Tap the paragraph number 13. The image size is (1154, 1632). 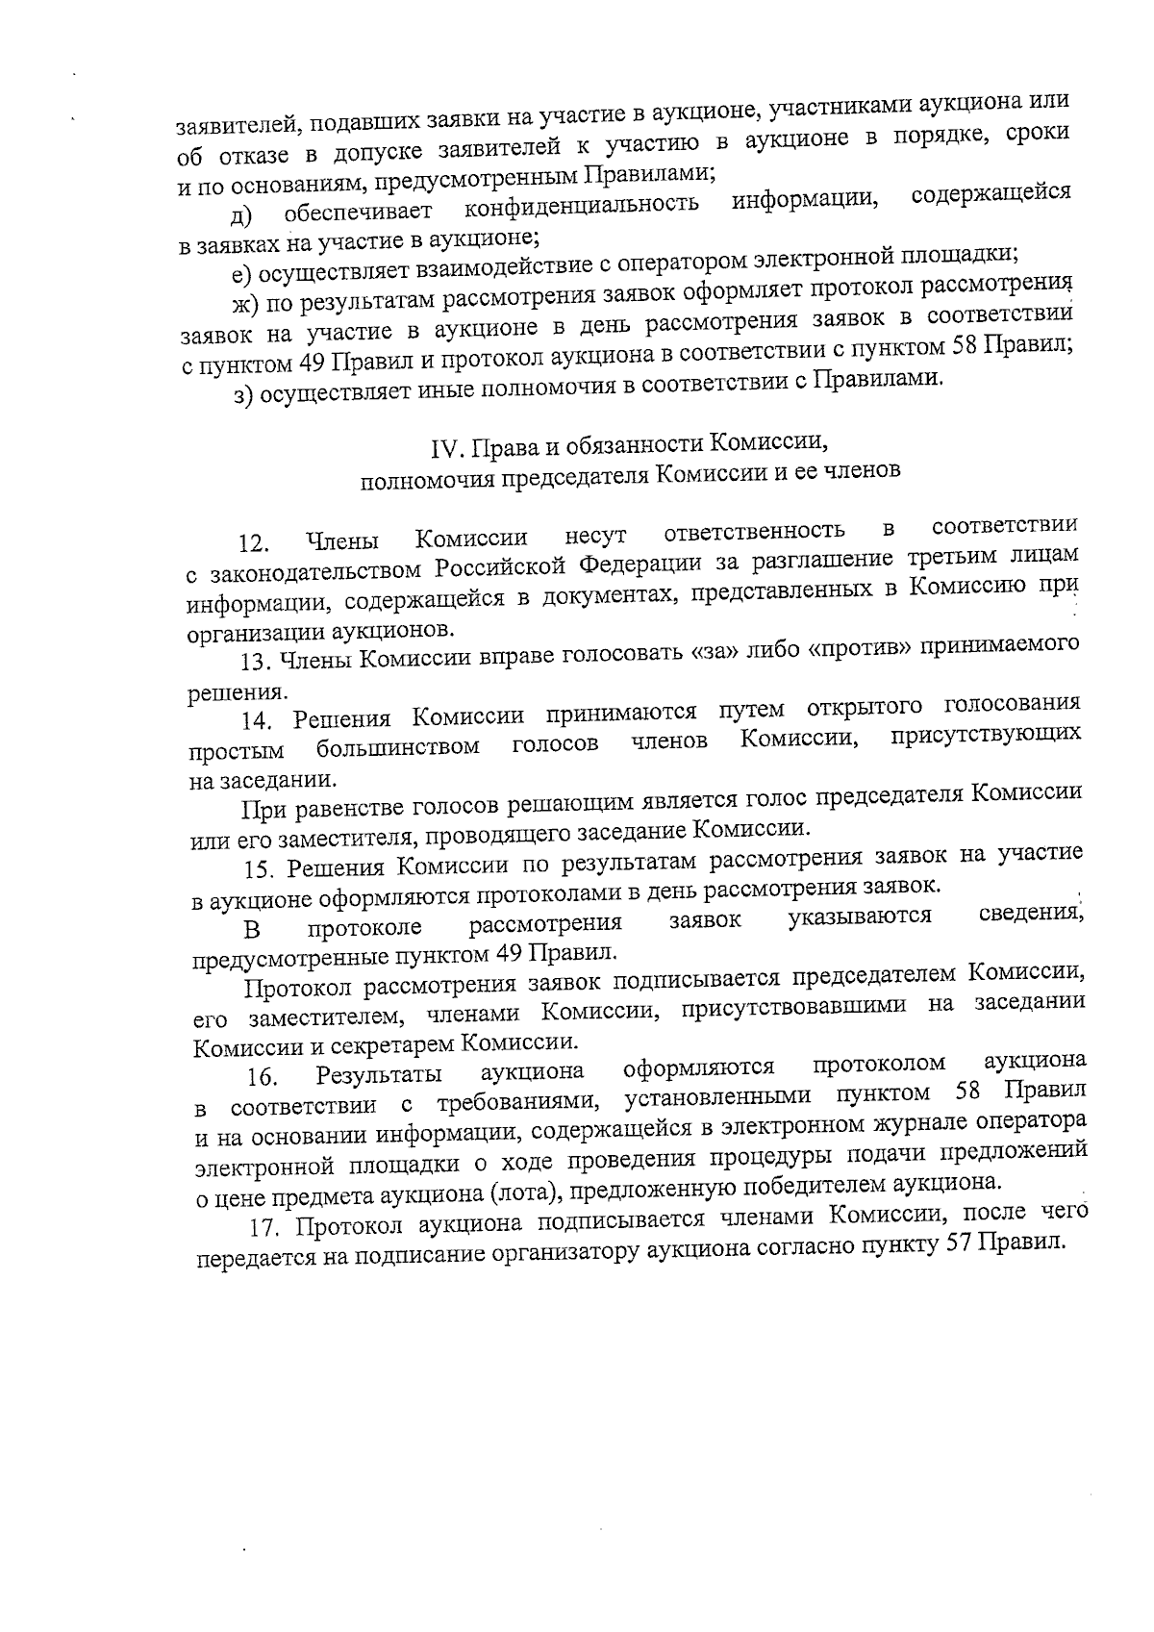point(253,661)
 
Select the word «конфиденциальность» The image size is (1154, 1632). point(581,206)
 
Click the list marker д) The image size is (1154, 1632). point(240,214)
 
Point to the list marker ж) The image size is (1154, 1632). point(244,306)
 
